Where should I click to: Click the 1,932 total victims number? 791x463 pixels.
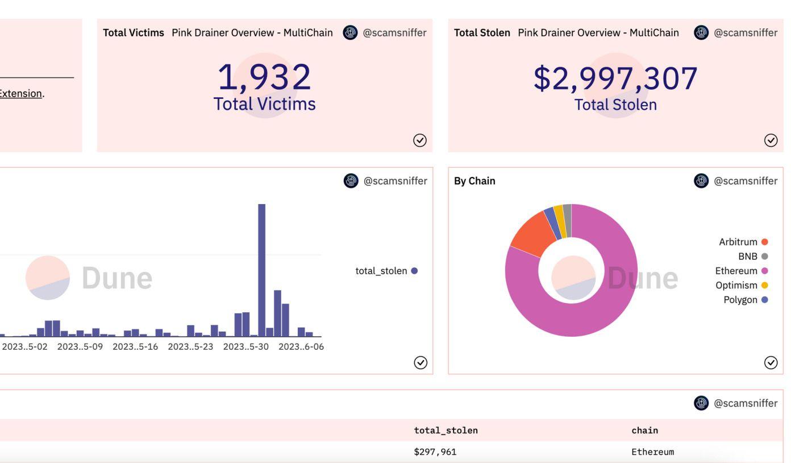pos(264,77)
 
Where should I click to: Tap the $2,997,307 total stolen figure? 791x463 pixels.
pos(615,78)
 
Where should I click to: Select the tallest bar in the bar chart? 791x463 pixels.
pos(261,270)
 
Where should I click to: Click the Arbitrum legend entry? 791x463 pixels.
pos(743,242)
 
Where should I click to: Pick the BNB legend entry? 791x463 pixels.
pos(753,256)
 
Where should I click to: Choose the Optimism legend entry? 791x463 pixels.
pos(742,285)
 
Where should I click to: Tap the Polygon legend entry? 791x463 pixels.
pos(746,300)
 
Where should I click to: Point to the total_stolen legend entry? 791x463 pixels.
pos(386,271)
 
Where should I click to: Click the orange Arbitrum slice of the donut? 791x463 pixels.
pos(532,233)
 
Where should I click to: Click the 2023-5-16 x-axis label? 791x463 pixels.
pos(135,347)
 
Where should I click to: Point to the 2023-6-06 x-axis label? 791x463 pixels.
pos(301,347)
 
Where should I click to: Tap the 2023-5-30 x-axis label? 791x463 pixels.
pos(246,347)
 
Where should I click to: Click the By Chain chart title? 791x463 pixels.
pos(474,181)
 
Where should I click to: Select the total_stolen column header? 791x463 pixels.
pos(446,431)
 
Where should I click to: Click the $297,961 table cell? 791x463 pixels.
pos(435,452)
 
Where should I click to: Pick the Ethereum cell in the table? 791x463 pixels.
pos(652,452)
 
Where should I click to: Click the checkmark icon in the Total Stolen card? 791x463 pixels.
pos(771,140)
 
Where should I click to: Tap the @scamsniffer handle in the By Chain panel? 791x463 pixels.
pos(746,181)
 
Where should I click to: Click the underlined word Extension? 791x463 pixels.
pos(20,93)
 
